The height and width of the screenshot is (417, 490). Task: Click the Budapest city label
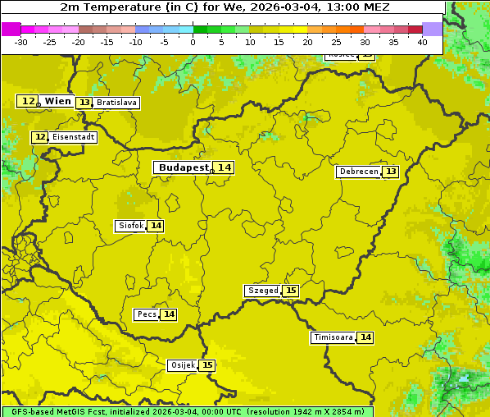tap(184, 167)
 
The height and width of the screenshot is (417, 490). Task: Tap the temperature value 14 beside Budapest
tap(224, 167)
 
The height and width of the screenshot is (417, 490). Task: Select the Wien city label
tap(57, 101)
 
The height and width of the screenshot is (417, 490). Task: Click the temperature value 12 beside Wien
tap(28, 101)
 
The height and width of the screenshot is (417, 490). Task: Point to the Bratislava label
tap(116, 103)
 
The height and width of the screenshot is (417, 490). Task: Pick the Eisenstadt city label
tap(74, 137)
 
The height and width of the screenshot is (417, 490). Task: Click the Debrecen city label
tap(358, 172)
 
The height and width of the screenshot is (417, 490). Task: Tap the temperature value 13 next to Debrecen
tap(391, 172)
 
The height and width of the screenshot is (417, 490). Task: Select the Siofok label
tap(130, 226)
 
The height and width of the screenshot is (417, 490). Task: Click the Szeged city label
tap(263, 291)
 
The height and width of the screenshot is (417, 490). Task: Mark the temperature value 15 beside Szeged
tap(291, 291)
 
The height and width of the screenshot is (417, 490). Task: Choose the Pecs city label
tap(147, 314)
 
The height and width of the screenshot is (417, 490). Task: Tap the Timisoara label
tap(333, 337)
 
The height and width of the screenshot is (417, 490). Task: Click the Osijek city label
tap(182, 365)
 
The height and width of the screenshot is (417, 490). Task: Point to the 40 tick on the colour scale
tap(422, 42)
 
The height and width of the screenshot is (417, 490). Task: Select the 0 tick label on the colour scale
tap(193, 42)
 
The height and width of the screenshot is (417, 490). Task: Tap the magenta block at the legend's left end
tap(11, 29)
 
